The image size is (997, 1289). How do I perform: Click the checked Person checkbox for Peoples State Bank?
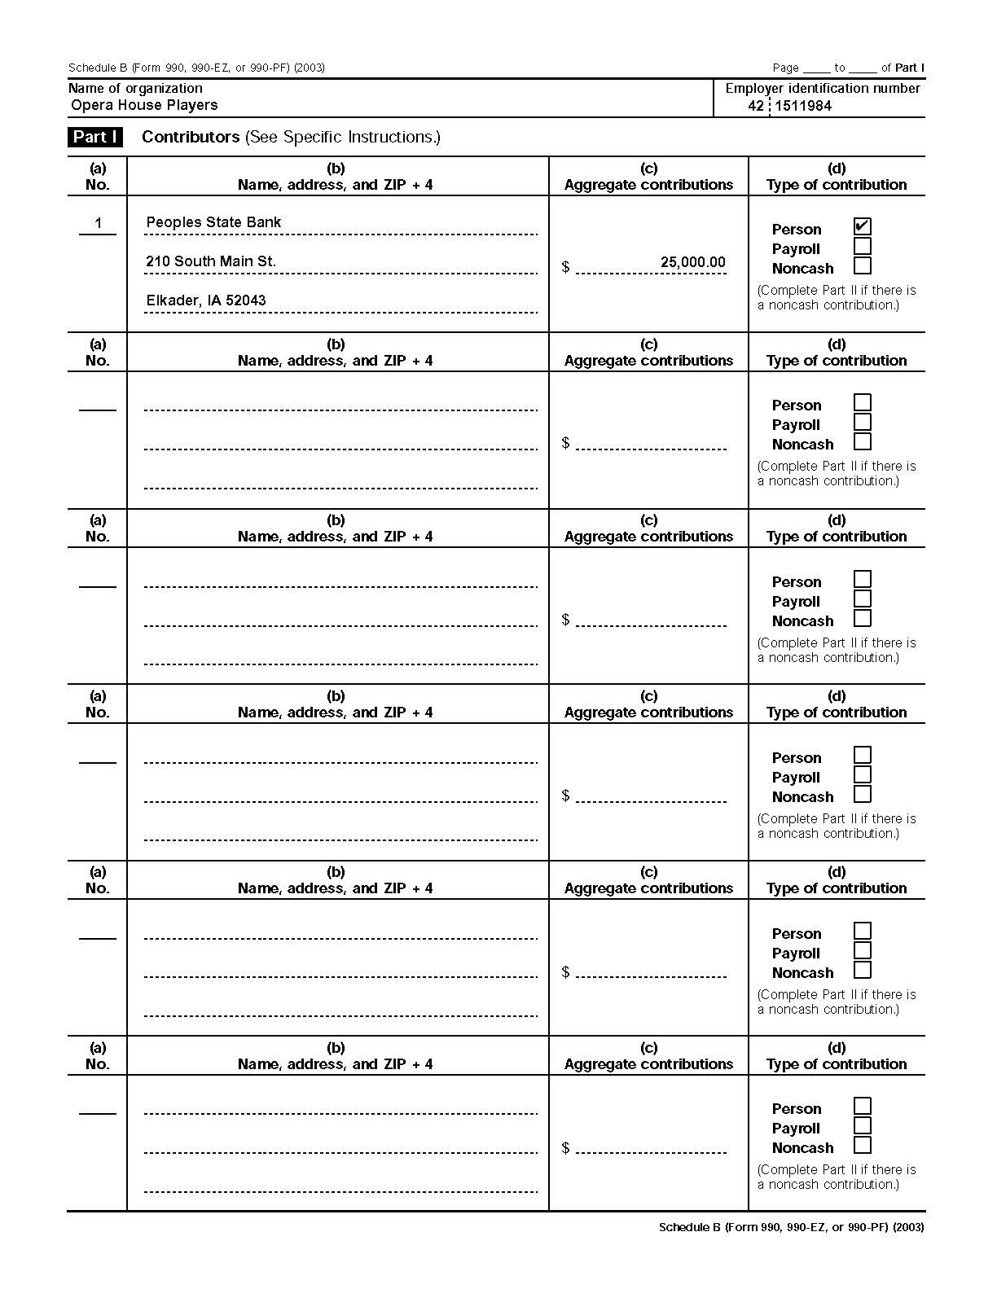863,226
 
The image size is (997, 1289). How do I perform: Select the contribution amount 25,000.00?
692,262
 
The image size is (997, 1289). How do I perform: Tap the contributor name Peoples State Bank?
213,222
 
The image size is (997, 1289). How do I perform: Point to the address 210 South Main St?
211,261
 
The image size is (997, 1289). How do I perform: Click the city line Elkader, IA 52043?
206,300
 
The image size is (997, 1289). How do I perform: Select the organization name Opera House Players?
144,105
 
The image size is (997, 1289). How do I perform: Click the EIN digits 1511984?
802,106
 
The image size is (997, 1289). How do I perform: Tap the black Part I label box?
95,137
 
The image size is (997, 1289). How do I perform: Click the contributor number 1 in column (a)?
98,223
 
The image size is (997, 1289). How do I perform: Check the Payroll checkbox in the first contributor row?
863,246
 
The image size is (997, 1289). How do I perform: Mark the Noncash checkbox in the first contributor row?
863,265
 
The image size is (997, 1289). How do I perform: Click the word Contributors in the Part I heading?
191,137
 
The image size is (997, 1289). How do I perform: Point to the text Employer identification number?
823,88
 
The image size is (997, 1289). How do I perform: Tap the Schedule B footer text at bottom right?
791,1227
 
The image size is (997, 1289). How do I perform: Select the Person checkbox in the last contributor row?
863,1106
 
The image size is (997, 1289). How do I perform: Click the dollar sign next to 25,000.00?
565,267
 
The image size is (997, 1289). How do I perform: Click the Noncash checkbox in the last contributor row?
863,1145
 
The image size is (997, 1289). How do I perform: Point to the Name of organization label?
135,88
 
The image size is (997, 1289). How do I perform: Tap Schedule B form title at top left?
196,68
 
